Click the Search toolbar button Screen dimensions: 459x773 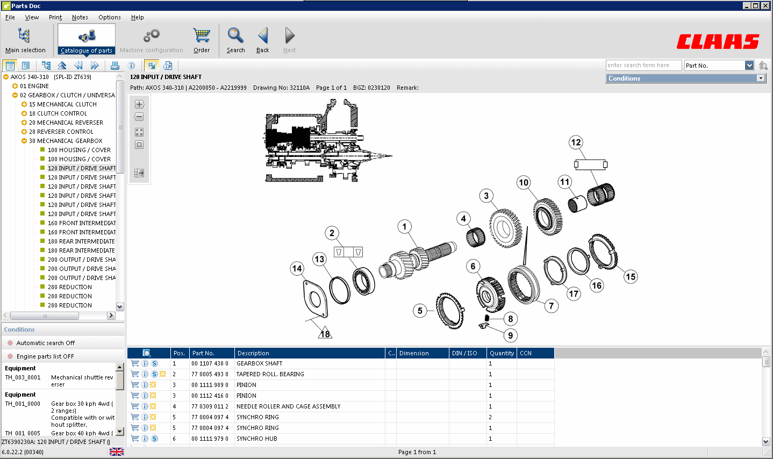click(235, 40)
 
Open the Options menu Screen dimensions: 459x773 click(109, 17)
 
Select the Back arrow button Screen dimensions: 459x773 click(262, 40)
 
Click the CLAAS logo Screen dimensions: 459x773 click(718, 41)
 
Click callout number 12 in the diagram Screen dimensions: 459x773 click(576, 142)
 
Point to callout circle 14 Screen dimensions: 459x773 click(297, 269)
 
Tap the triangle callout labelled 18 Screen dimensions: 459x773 click(325, 334)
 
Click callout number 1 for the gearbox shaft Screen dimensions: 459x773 click(404, 227)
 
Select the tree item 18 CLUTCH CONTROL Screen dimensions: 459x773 click(62, 113)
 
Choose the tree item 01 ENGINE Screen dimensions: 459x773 click(34, 86)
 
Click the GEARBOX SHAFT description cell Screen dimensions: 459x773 click(259, 363)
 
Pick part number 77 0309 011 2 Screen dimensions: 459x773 click(210, 406)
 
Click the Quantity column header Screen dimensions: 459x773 click(502, 353)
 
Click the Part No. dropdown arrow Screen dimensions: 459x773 click(749, 66)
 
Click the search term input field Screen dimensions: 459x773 click(643, 66)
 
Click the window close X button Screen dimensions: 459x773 click(765, 6)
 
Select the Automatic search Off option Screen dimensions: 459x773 click(45, 343)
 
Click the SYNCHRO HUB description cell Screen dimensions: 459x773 click(257, 439)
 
